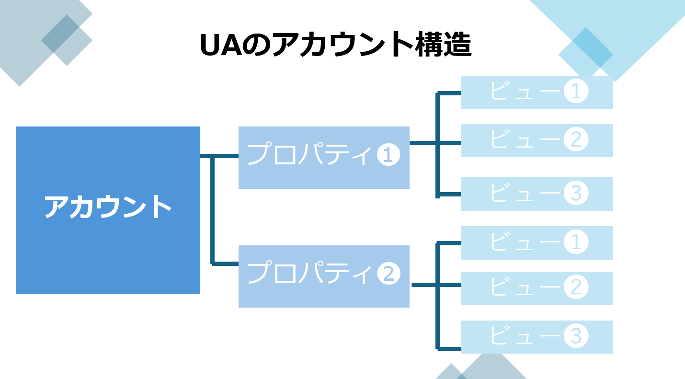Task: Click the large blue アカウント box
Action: [108, 210]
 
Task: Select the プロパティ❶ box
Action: [324, 157]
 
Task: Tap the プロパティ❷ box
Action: [324, 276]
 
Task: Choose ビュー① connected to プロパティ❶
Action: [537, 92]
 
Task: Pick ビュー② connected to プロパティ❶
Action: [537, 140]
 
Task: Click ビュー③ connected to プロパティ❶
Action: [537, 194]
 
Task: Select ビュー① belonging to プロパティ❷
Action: [537, 242]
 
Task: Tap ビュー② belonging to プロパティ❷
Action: [537, 288]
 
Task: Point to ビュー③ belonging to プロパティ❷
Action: [537, 337]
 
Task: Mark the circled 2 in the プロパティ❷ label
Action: [388, 274]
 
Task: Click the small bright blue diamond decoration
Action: [585, 47]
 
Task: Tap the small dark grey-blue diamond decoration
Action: [67, 40]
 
